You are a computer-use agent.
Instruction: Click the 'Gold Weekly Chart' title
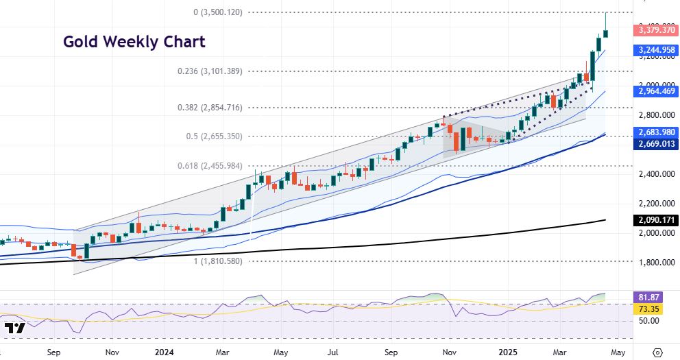pos(134,42)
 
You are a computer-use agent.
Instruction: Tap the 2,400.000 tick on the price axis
pos(653,174)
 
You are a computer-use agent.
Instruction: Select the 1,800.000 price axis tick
pos(653,263)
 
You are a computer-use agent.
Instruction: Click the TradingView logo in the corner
pos(14,328)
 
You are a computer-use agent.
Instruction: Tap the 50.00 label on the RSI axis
pos(648,321)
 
